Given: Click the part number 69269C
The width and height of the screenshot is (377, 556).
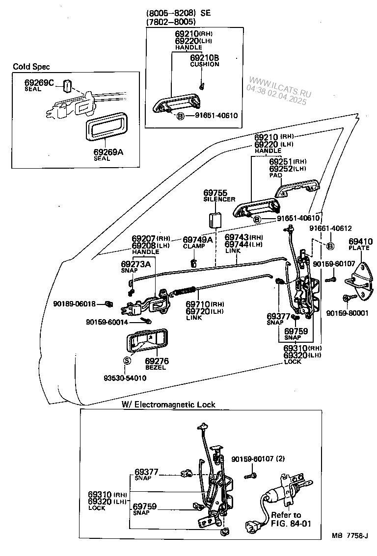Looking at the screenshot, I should (x=39, y=82).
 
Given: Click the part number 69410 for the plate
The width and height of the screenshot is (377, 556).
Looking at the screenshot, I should (x=359, y=241).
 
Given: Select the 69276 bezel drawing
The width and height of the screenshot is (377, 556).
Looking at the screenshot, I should (x=145, y=341).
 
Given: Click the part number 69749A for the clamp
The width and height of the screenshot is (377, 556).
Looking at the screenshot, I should (x=197, y=240).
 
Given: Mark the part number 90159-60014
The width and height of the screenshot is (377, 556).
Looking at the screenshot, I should (x=107, y=322).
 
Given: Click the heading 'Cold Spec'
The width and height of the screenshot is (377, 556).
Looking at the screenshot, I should (x=31, y=66).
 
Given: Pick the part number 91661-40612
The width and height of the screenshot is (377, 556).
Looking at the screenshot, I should (x=330, y=228).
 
